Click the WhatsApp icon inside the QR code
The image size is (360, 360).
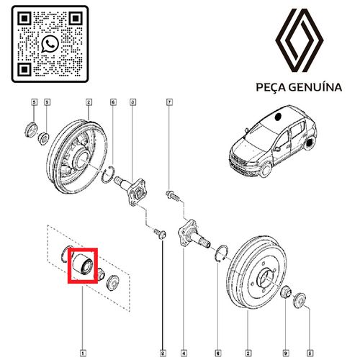pyautogui.click(x=50, y=44)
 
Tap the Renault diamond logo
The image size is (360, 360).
pyautogui.click(x=299, y=40)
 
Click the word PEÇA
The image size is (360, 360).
pyautogui.click(x=270, y=87)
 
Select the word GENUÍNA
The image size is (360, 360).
pyautogui.click(x=315, y=87)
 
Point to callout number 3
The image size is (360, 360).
pyautogui.click(x=132, y=102)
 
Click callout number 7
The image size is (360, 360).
pyautogui.click(x=169, y=102)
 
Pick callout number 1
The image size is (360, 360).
pyautogui.click(x=83, y=353)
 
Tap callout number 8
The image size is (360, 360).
pyautogui.click(x=163, y=353)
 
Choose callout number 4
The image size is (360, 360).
pyautogui.click(x=184, y=353)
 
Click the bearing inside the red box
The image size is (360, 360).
pyautogui.click(x=83, y=264)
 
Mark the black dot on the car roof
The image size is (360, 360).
pyautogui.click(x=279, y=117)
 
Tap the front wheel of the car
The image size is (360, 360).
pyautogui.click(x=266, y=169)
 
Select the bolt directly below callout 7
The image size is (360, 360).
pyautogui.click(x=172, y=195)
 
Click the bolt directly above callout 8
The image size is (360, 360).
pyautogui.click(x=160, y=233)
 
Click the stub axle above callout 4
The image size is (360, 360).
pyautogui.click(x=193, y=235)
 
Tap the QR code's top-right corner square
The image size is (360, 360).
pyautogui.click(x=76, y=18)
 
